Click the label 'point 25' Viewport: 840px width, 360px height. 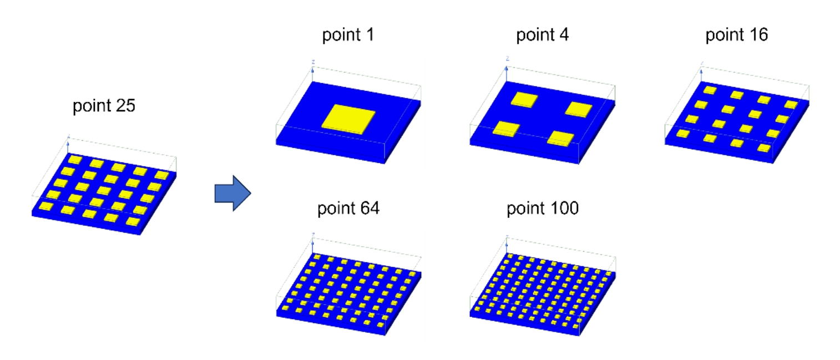pyautogui.click(x=104, y=106)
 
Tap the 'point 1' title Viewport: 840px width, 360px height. pyautogui.click(x=348, y=35)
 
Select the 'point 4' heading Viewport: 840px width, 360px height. pyautogui.click(x=542, y=35)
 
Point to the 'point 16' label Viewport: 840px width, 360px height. pyautogui.click(x=736, y=35)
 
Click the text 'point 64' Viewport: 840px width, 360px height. pyautogui.click(x=348, y=209)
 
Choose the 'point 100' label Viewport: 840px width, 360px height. pyautogui.click(x=543, y=209)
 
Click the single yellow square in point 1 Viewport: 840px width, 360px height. pyautogui.click(x=348, y=119)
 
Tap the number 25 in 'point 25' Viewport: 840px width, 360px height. pyautogui.click(x=125, y=105)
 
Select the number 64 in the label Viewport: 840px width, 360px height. pyautogui.click(x=370, y=208)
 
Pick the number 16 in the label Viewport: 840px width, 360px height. pyautogui.click(x=758, y=34)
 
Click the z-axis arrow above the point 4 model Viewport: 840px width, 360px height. pyautogui.click(x=506, y=74)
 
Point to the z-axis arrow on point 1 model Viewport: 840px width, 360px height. pyautogui.click(x=312, y=74)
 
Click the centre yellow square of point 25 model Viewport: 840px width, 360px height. pyautogui.click(x=104, y=190)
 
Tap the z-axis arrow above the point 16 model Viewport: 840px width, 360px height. pyautogui.click(x=701, y=74)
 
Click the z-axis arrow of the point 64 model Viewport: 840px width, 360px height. pyautogui.click(x=312, y=246)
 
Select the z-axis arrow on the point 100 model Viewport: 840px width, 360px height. pyautogui.click(x=506, y=246)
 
